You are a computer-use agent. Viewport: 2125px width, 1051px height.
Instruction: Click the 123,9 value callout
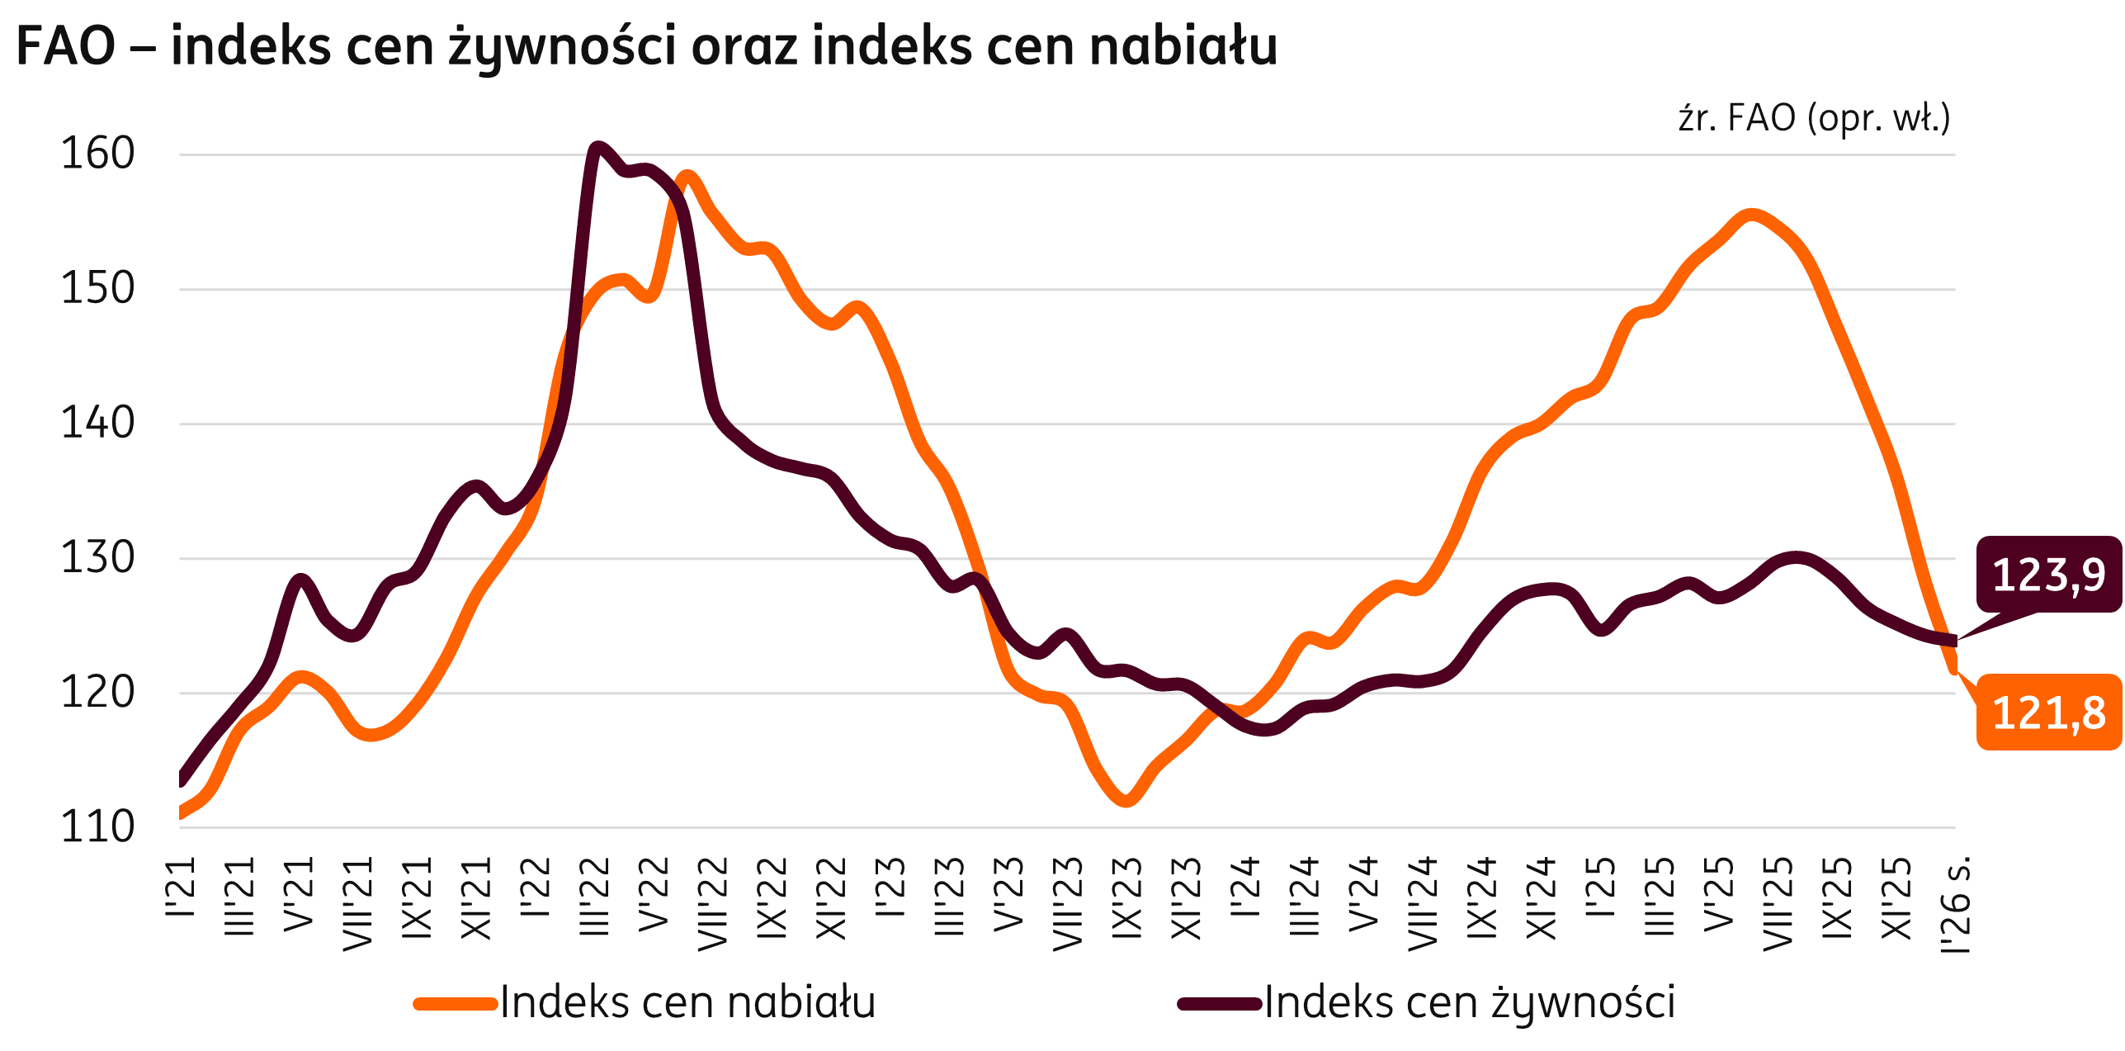(x=2048, y=575)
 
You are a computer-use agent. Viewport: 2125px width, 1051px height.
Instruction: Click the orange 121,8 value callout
(x=2048, y=713)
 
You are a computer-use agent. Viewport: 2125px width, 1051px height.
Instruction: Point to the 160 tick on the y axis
(x=97, y=154)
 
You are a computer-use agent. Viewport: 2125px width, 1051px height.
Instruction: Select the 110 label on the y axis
(x=97, y=827)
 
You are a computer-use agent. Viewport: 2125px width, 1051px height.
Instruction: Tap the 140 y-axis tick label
(x=97, y=424)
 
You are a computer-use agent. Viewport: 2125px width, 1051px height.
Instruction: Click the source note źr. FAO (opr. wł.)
(x=1814, y=119)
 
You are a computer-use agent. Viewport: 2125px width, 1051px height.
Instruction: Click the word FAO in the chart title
(x=66, y=46)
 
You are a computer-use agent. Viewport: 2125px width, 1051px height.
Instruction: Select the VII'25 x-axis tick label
(x=1778, y=903)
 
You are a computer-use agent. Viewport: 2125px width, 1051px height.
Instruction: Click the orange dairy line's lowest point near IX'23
(x=1127, y=799)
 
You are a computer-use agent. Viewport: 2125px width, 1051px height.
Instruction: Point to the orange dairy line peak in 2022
(x=687, y=177)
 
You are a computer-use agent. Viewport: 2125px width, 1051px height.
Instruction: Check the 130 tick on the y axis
(x=97, y=558)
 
